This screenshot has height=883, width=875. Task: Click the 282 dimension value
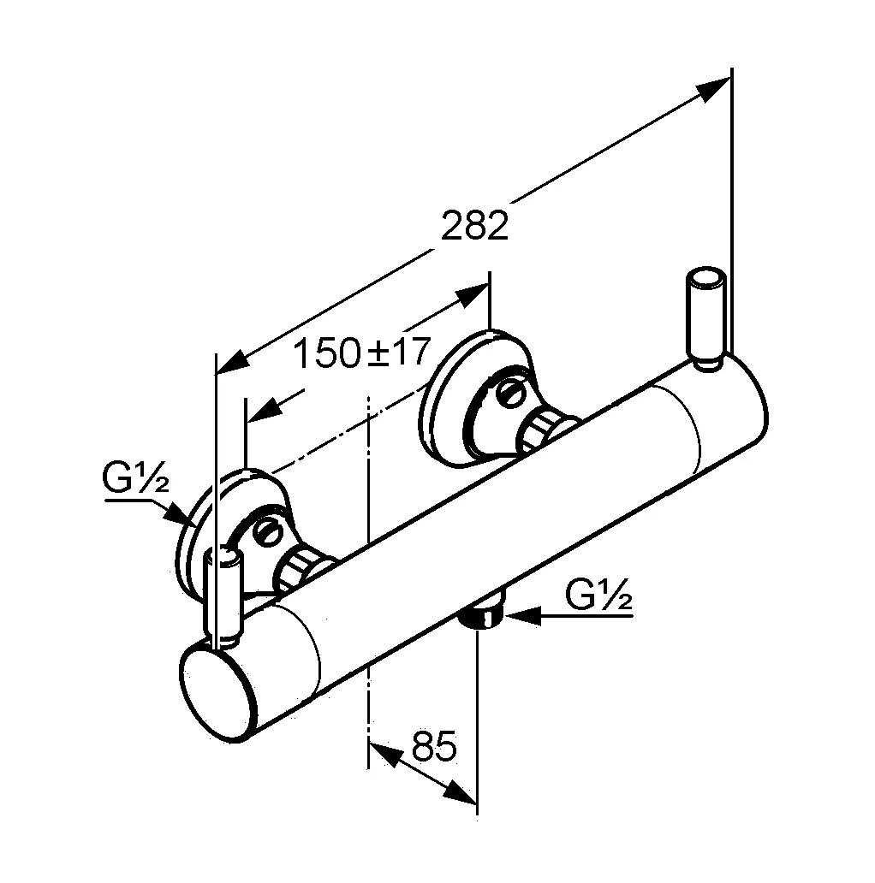click(474, 227)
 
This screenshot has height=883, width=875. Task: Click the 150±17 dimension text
click(360, 352)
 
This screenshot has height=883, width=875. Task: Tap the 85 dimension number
click(433, 747)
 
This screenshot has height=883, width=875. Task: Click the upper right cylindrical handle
click(707, 318)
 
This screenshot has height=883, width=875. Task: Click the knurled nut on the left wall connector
click(299, 568)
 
